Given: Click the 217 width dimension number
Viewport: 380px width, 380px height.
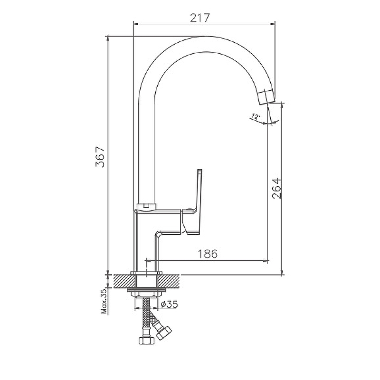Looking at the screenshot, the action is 199,18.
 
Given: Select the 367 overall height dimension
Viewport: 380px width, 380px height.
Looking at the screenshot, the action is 100,157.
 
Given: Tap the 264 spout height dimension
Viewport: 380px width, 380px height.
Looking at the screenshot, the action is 276,189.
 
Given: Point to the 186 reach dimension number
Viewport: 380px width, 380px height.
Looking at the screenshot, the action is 208,254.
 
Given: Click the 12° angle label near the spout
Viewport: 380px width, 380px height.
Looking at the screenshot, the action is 256,116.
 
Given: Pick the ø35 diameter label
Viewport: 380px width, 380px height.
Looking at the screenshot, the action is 169,304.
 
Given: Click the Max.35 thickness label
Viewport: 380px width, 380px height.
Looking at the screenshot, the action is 104,302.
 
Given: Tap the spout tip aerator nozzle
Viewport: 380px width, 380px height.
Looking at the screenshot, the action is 267,97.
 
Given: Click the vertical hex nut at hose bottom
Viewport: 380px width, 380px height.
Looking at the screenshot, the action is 146,341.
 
